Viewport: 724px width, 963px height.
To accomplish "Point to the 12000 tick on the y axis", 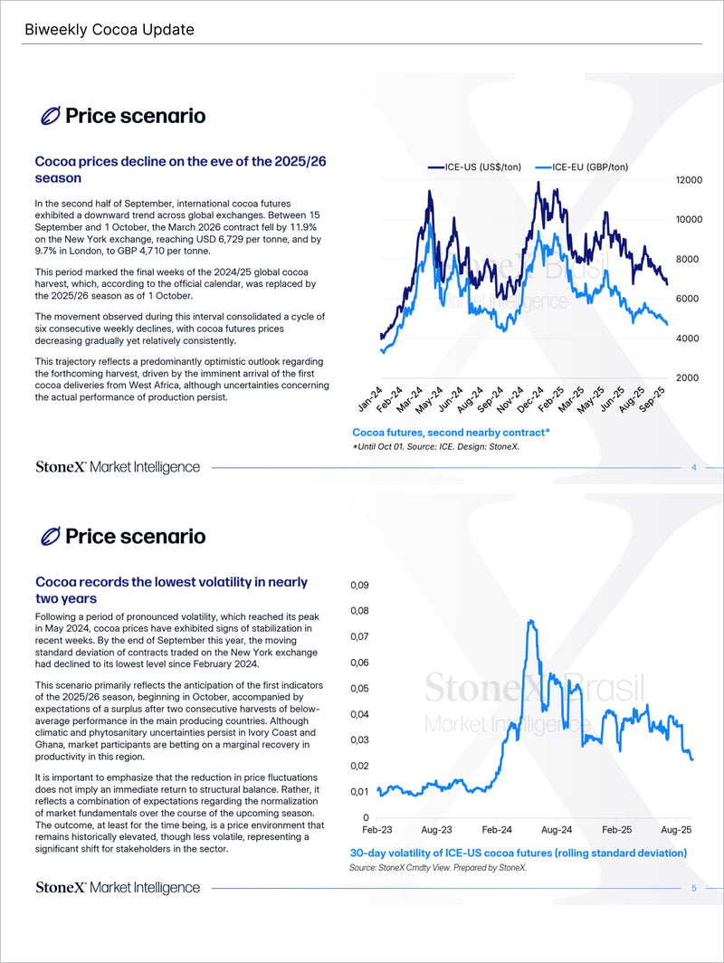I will [689, 180].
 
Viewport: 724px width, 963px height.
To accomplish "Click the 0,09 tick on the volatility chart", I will [359, 586].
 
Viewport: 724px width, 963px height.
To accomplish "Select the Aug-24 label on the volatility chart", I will [557, 829].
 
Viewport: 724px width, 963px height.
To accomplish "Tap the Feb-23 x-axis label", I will [377, 829].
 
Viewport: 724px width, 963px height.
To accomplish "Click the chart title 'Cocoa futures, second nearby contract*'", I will [451, 433].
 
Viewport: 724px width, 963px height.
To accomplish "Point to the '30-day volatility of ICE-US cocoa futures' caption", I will [518, 853].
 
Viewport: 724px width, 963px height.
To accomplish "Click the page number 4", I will [693, 468].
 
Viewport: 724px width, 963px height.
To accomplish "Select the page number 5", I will [693, 888].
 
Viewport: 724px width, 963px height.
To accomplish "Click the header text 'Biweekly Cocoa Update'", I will [109, 30].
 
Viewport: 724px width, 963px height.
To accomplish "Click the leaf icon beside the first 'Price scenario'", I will [51, 116].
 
